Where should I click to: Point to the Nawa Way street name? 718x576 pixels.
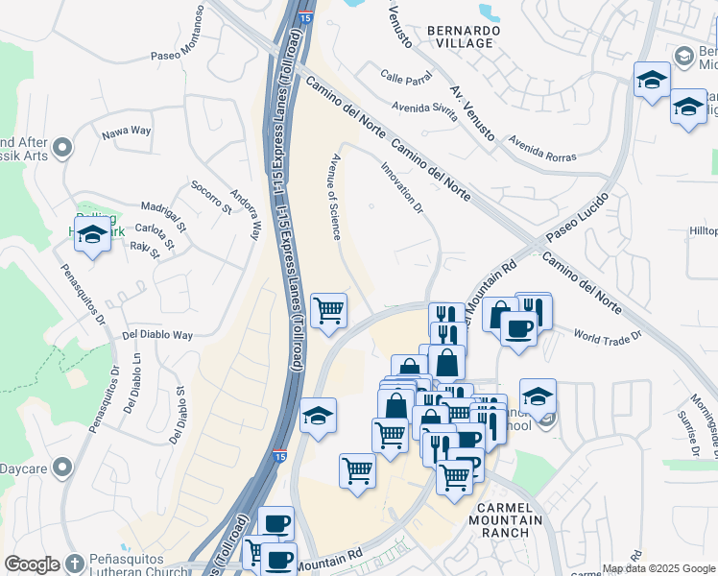pyautogui.click(x=128, y=130)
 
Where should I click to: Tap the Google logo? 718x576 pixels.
pyautogui.click(x=32, y=564)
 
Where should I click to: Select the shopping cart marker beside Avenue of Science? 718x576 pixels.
pyautogui.click(x=328, y=310)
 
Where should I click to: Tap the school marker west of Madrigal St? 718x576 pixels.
pyautogui.click(x=92, y=233)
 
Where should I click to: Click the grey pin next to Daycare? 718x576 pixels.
pyautogui.click(x=63, y=468)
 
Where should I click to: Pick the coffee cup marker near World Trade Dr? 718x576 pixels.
pyautogui.click(x=518, y=328)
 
